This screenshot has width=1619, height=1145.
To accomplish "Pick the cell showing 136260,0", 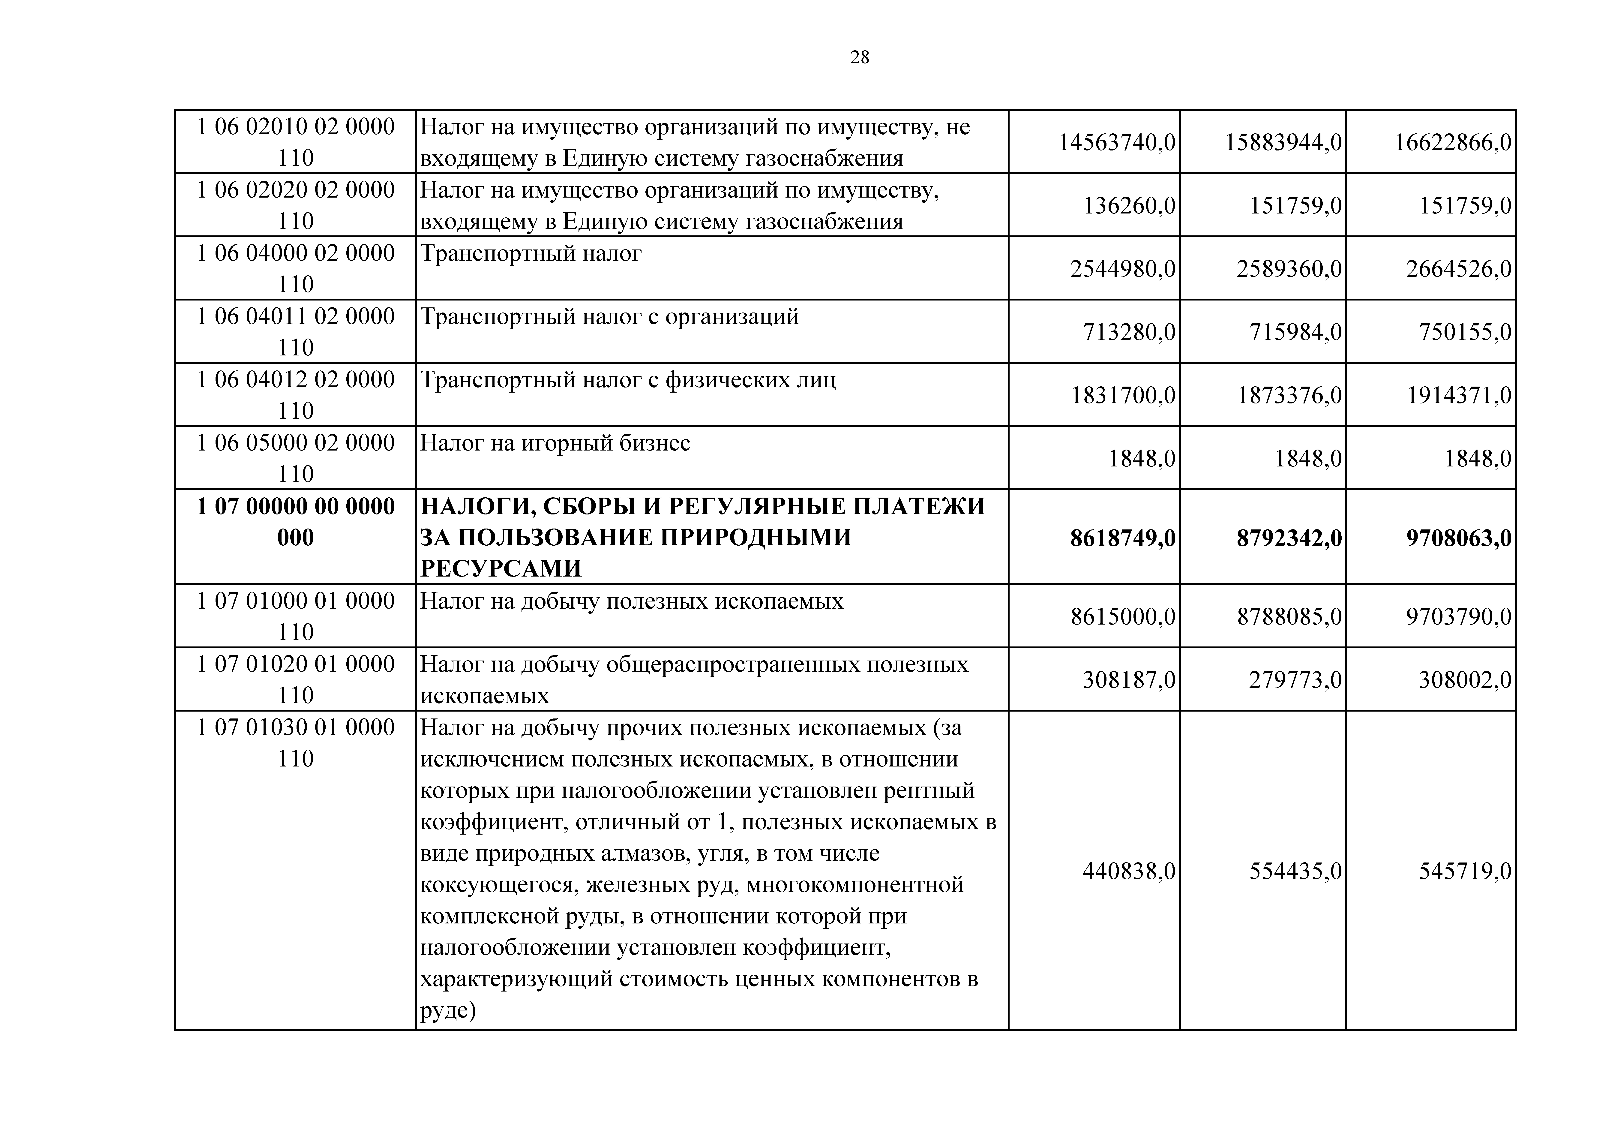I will [1129, 206].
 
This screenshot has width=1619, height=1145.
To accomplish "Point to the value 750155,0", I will [1465, 332].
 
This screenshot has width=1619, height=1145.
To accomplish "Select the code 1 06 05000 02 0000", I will [295, 443].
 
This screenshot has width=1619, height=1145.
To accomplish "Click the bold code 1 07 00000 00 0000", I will [295, 507].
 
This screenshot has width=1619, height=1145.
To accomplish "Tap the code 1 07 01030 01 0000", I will [295, 727].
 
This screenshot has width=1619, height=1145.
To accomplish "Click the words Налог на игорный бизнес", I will [555, 443].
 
